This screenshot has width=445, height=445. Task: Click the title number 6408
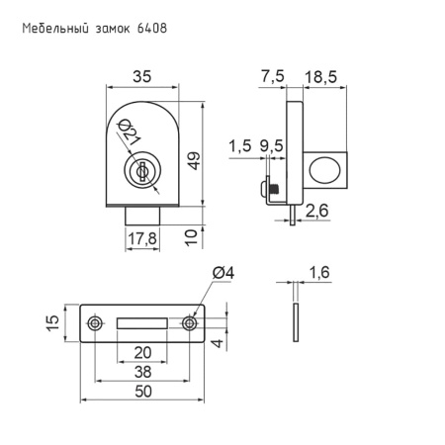[152, 29]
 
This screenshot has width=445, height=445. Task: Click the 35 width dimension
[142, 76]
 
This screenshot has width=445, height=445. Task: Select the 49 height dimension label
[195, 160]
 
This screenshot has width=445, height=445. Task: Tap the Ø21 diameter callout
[130, 132]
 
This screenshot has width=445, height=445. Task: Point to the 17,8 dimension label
[142, 238]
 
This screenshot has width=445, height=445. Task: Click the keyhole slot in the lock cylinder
[142, 171]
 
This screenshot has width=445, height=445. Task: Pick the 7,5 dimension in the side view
[273, 76]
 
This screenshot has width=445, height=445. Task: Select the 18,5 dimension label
[320, 77]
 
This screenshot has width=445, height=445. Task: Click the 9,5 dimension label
[271, 145]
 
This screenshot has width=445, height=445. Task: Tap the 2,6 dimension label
[316, 211]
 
